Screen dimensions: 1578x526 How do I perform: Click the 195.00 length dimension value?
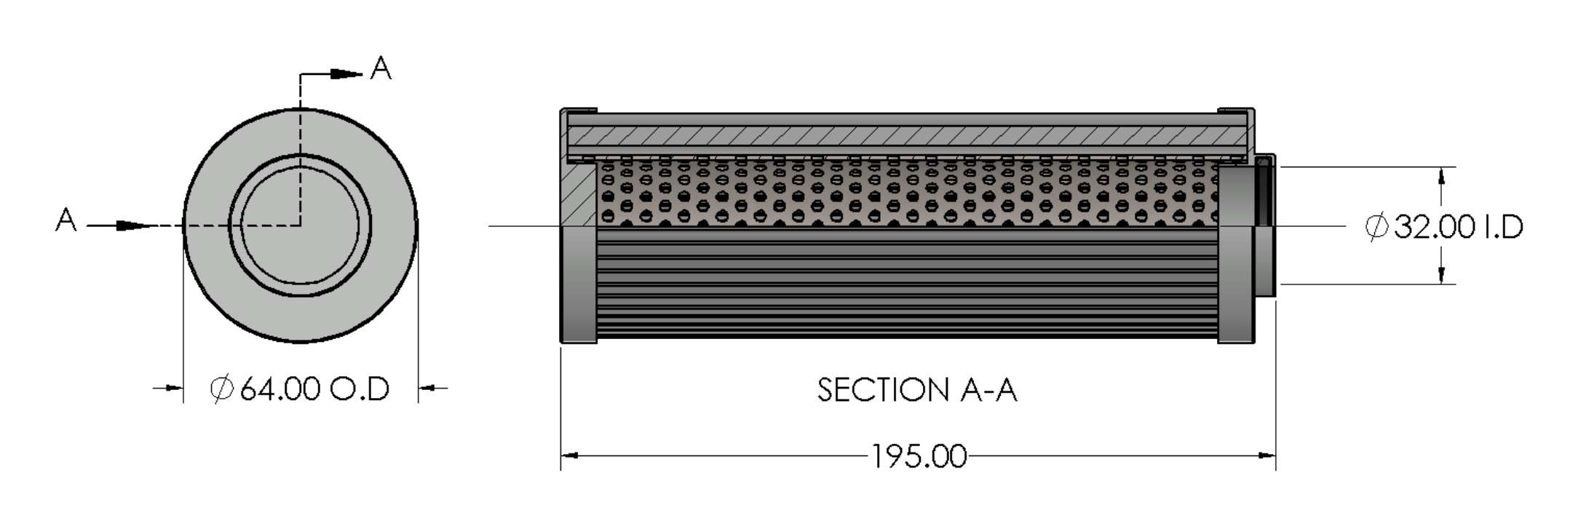[919, 457]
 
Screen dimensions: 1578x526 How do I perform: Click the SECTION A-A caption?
[916, 390]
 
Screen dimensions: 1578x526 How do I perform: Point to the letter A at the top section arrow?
[381, 68]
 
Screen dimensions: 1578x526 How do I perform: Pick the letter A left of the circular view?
[66, 220]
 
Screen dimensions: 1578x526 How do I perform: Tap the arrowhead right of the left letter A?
[135, 226]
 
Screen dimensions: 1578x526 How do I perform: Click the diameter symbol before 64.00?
[221, 388]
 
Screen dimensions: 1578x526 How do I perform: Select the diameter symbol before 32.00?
[1376, 228]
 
